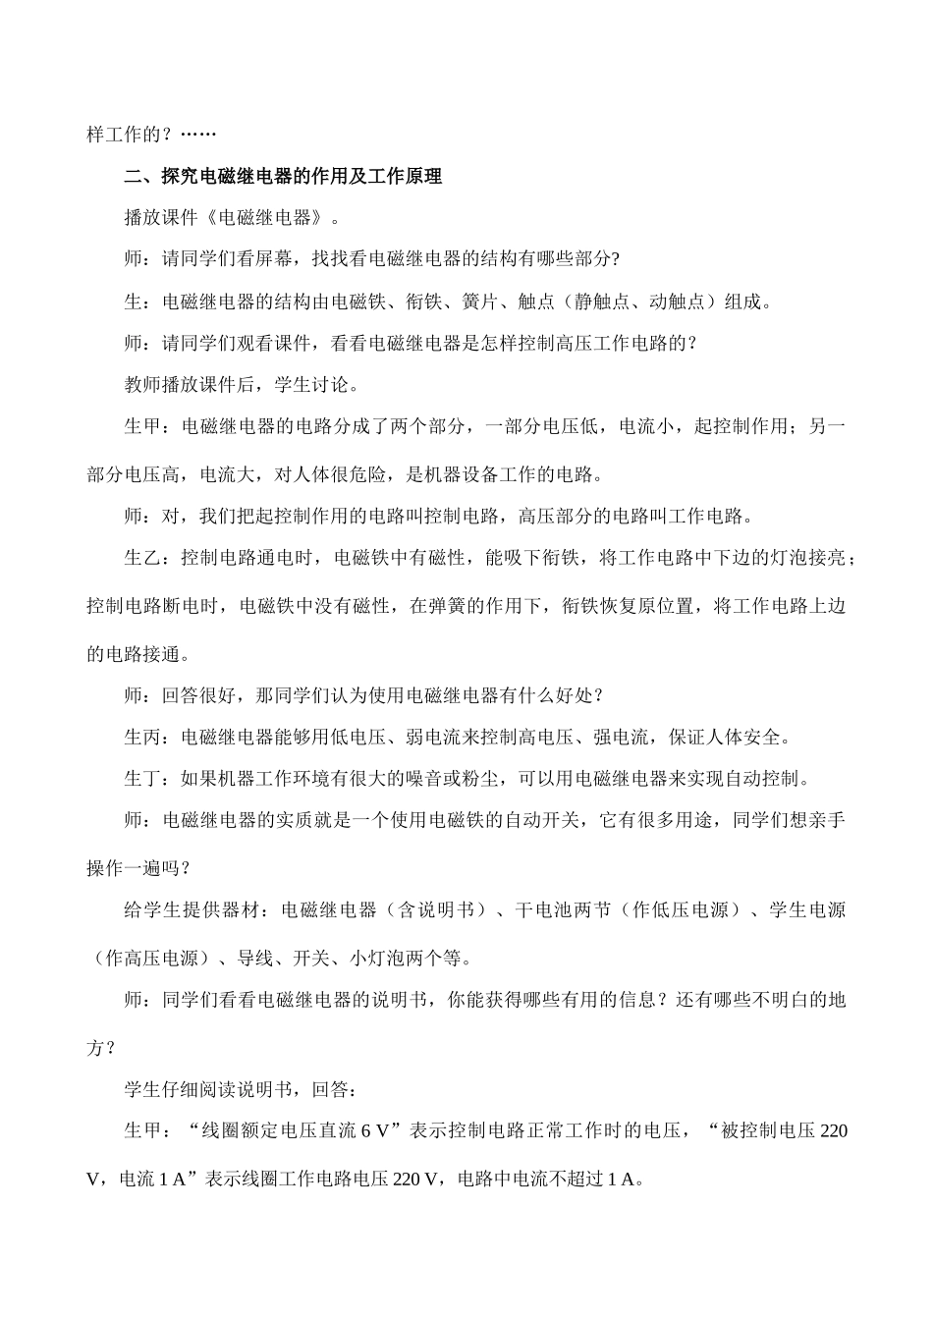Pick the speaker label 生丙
142,737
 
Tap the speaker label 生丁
142,779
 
